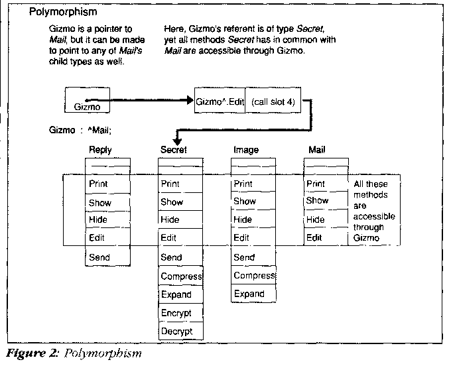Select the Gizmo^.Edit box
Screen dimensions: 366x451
pos(219,101)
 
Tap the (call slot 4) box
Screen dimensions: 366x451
pos(273,101)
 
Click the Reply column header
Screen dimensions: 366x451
pos(100,151)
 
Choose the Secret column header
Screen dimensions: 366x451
pos(174,151)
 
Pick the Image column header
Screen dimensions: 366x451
pos(246,151)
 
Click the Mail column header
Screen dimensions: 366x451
pos(318,151)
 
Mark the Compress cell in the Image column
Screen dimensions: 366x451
pos(253,275)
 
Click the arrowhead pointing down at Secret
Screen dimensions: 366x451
pos(177,140)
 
